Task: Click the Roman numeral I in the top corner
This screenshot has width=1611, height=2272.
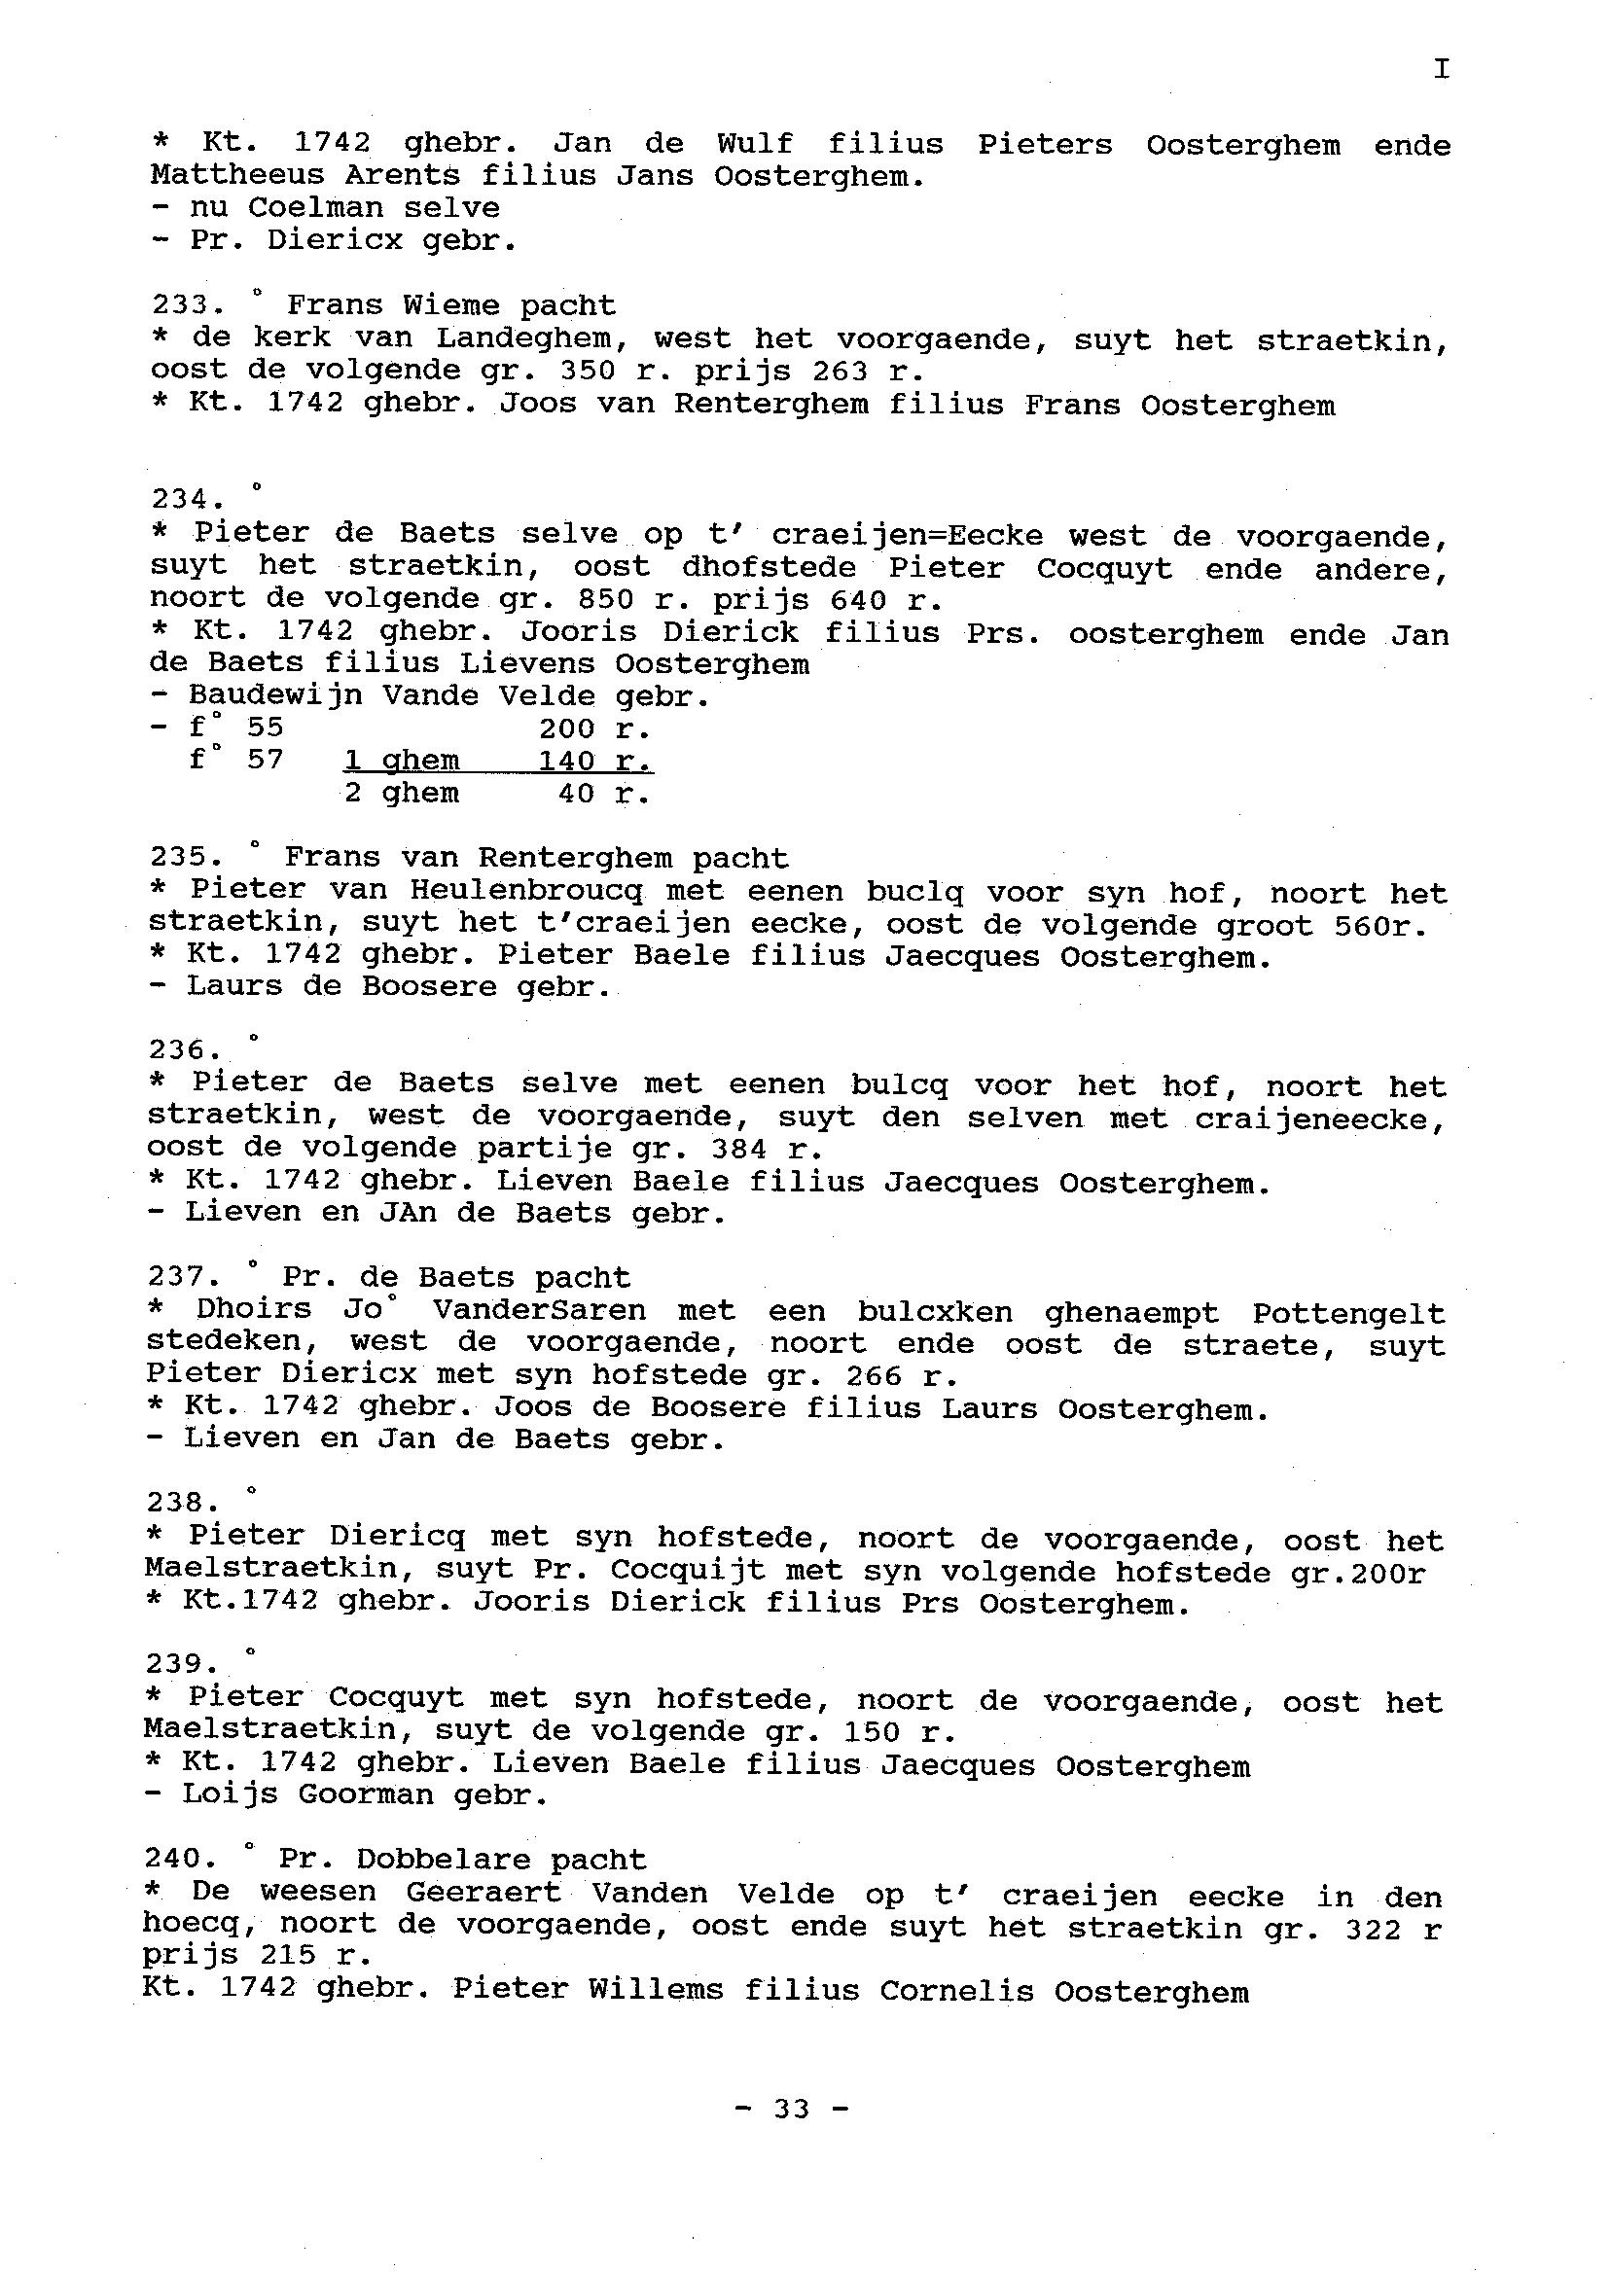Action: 1441,69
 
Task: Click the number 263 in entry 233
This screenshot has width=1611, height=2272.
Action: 840,371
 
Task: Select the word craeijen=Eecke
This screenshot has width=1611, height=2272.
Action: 907,536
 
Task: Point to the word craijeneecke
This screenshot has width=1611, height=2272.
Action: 1319,1119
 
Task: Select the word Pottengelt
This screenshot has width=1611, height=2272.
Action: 1348,1313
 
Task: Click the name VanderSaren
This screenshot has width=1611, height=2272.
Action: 539,1310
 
